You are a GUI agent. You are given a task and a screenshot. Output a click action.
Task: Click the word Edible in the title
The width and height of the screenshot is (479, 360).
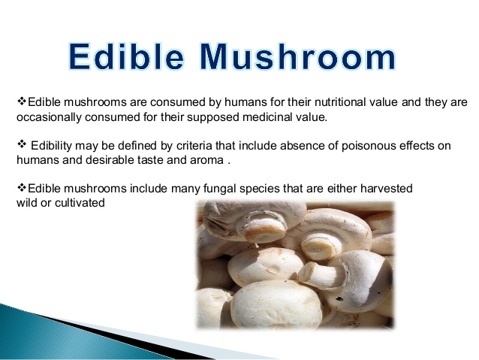click(x=126, y=57)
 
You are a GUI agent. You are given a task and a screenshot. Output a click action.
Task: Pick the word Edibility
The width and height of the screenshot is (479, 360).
click(x=51, y=146)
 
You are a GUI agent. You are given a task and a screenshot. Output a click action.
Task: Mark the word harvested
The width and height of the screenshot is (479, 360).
click(x=387, y=189)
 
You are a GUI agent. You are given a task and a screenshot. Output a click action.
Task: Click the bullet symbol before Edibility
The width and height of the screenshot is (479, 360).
click(x=22, y=144)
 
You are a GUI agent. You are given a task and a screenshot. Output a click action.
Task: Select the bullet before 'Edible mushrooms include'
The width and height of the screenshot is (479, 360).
click(x=22, y=187)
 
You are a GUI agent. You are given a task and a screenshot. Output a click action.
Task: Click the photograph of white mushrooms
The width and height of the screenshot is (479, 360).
click(x=295, y=265)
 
